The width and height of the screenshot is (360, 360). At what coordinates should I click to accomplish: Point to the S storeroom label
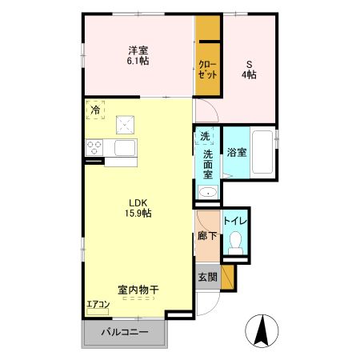coord(250,63)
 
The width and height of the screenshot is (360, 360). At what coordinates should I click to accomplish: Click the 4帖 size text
coord(250,74)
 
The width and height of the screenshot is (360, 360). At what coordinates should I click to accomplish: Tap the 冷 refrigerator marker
coord(96,110)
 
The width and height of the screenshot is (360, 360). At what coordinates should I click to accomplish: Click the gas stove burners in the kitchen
coord(95,148)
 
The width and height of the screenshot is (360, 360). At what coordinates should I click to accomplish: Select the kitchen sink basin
coord(126,148)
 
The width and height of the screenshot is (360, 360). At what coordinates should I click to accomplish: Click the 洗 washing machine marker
coord(206,136)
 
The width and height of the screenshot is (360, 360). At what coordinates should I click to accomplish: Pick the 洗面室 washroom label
coord(207,164)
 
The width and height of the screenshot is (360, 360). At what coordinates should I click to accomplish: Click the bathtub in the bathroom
coord(262,152)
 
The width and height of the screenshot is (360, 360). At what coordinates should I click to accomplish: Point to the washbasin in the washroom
coord(207,192)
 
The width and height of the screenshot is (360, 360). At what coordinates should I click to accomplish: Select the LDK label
coord(137,202)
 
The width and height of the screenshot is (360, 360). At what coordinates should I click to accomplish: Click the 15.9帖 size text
coord(138,214)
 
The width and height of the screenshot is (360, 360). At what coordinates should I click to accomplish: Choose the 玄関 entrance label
coord(206,277)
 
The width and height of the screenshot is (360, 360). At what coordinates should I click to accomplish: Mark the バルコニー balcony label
coord(124,334)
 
